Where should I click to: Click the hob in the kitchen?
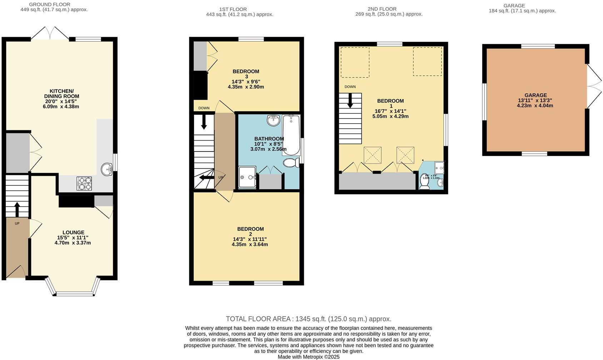coord(84,183)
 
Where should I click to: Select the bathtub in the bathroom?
coord(291,135)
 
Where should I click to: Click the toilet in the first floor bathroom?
coord(291,163)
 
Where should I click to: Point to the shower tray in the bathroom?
coord(247,177)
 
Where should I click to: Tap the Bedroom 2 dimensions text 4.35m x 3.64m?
coord(250,245)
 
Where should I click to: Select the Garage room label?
coord(535,95)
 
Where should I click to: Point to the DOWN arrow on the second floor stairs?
coord(350,100)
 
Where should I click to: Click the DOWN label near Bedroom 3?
coord(204,108)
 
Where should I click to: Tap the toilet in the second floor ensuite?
coord(424,183)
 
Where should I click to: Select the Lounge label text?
coord(73,232)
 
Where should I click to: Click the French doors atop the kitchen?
coord(50,33)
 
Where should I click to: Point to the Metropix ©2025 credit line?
coord(308,357)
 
